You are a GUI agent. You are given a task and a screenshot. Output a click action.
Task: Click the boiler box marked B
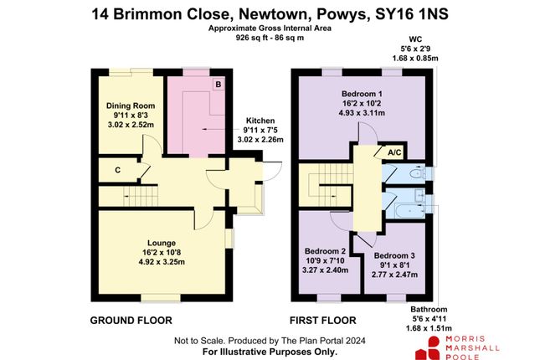[218, 84]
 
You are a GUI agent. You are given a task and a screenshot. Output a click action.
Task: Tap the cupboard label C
[118, 170]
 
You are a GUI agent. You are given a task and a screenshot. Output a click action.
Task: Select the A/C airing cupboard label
[394, 152]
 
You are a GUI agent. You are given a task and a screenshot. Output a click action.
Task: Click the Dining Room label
[131, 105]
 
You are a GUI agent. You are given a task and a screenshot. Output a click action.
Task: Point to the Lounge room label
[162, 243]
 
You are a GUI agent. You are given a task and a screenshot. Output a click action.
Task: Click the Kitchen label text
[260, 121]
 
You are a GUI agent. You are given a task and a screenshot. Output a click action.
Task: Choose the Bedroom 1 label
[362, 94]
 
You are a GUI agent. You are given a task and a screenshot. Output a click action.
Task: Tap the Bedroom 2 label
[325, 251]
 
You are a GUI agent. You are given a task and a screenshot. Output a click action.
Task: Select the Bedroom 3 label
[394, 255]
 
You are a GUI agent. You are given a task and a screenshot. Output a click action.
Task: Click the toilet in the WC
[417, 173]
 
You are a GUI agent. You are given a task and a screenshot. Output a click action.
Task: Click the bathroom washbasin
[419, 195]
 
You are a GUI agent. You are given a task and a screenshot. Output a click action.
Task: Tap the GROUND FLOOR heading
[131, 321]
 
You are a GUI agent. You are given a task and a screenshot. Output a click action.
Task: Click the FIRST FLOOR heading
[322, 321]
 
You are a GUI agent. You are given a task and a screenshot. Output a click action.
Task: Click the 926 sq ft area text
[251, 38]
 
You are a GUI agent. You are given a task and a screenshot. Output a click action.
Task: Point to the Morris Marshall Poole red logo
[428, 348]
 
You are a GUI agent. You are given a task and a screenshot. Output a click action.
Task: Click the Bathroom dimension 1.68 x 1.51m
[429, 328]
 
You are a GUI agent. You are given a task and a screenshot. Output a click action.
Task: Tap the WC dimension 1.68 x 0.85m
[415, 59]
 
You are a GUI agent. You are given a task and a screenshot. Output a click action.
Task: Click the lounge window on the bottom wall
[161, 298]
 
